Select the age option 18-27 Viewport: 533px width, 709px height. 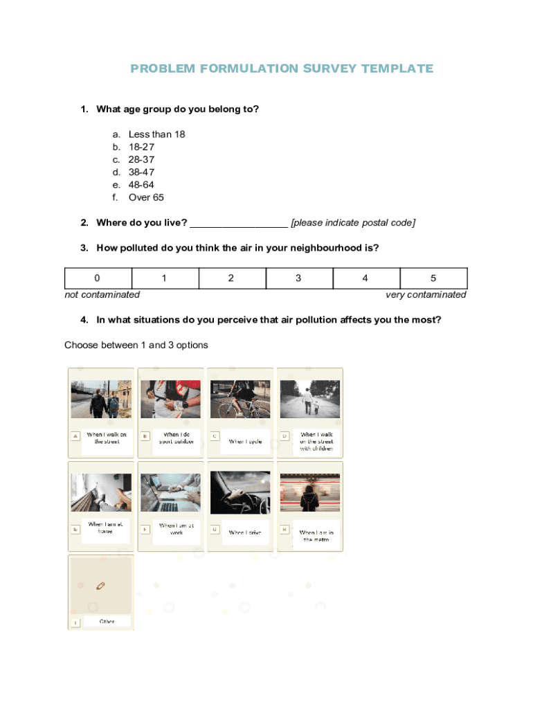[x=141, y=147]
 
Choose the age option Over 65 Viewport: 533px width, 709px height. [x=146, y=197]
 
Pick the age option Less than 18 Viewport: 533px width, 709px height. [x=156, y=134]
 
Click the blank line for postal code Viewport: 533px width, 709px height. [x=238, y=223]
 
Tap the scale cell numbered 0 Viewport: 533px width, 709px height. [x=98, y=278]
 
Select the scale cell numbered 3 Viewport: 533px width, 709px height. [x=298, y=278]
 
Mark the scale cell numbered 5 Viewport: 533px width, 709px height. [x=433, y=278]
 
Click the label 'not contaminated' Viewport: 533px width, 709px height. [x=102, y=295]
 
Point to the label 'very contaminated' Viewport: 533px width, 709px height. [x=426, y=295]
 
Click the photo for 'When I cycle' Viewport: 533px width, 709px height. [x=240, y=399]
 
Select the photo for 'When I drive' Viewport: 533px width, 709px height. [x=240, y=492]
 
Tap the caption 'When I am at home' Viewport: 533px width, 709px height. [x=105, y=528]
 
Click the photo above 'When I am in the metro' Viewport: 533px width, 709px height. [x=309, y=492]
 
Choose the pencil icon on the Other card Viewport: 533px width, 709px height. [x=100, y=586]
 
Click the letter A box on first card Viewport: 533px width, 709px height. [x=75, y=436]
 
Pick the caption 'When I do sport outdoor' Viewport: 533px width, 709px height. [x=177, y=438]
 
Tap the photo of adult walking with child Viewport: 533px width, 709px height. [x=309, y=399]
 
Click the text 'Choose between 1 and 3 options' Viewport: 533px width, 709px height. [x=136, y=345]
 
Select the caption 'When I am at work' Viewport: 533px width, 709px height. [x=177, y=529]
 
